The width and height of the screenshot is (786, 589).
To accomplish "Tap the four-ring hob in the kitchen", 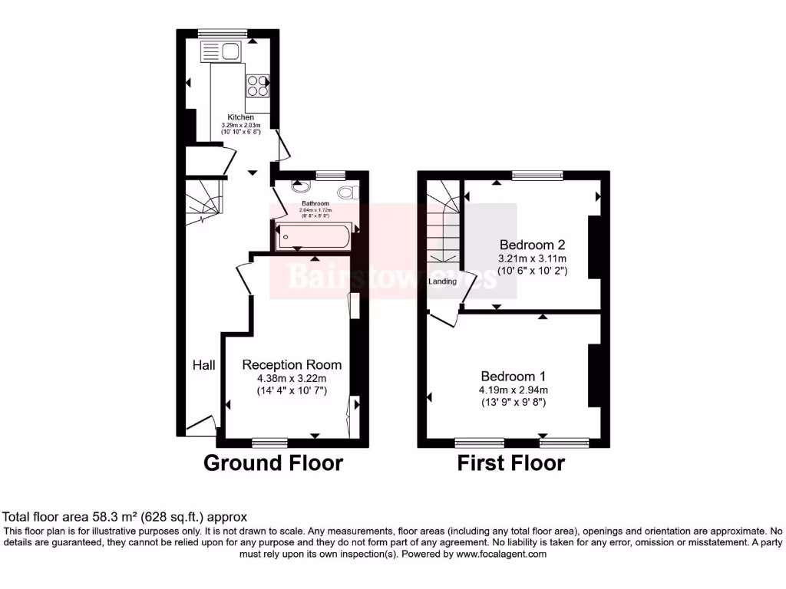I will pyautogui.click(x=257, y=84).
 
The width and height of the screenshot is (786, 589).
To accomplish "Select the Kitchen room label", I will pyautogui.click(x=240, y=117).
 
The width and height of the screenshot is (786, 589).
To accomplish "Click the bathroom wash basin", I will pyautogui.click(x=299, y=186).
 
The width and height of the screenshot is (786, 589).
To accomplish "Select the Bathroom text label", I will pyautogui.click(x=315, y=203).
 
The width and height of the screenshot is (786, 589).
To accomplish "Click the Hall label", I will pyautogui.click(x=203, y=365).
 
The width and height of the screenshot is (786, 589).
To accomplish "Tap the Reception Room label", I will pyautogui.click(x=292, y=364).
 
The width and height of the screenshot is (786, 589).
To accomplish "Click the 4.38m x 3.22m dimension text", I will pyautogui.click(x=292, y=378).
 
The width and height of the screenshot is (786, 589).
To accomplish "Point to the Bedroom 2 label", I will pyautogui.click(x=532, y=245).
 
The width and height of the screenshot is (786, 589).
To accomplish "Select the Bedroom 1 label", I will pyautogui.click(x=513, y=376).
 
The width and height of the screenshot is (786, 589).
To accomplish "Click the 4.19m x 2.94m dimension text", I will pyautogui.click(x=513, y=390).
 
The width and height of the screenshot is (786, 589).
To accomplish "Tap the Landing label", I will pyautogui.click(x=443, y=281).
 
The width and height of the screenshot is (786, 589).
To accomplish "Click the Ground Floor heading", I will pyautogui.click(x=272, y=463).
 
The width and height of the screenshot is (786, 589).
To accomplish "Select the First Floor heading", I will pyautogui.click(x=510, y=463).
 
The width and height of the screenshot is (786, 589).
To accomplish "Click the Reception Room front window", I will pyautogui.click(x=269, y=442).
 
